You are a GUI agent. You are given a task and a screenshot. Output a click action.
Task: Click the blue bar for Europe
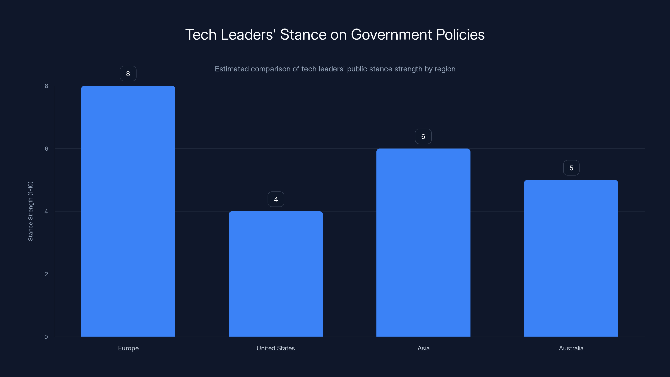click(x=128, y=211)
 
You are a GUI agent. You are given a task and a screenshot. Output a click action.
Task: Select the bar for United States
click(x=276, y=274)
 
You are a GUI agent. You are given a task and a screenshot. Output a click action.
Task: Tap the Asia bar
click(x=423, y=243)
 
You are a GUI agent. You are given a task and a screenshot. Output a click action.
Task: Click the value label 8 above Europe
click(x=128, y=74)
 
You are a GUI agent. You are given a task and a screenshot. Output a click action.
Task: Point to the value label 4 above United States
click(x=276, y=199)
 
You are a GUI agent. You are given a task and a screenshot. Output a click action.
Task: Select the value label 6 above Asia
click(x=423, y=137)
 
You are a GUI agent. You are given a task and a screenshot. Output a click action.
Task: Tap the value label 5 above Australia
click(x=571, y=168)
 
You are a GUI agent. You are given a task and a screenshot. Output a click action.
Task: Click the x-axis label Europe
click(x=128, y=348)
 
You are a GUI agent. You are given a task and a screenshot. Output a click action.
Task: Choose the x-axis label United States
click(x=276, y=348)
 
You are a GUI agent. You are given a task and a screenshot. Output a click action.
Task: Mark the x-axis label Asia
click(x=423, y=348)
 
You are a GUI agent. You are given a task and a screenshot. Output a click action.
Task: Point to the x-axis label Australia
click(x=571, y=348)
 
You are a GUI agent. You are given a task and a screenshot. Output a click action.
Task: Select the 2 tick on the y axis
click(x=46, y=274)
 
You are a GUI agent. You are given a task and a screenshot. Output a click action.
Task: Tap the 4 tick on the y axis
click(x=46, y=211)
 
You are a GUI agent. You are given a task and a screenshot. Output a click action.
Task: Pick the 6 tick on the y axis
click(x=46, y=148)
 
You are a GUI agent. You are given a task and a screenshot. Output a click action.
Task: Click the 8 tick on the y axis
click(x=46, y=86)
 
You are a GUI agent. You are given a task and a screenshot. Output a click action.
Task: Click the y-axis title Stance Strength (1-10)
click(x=30, y=211)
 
